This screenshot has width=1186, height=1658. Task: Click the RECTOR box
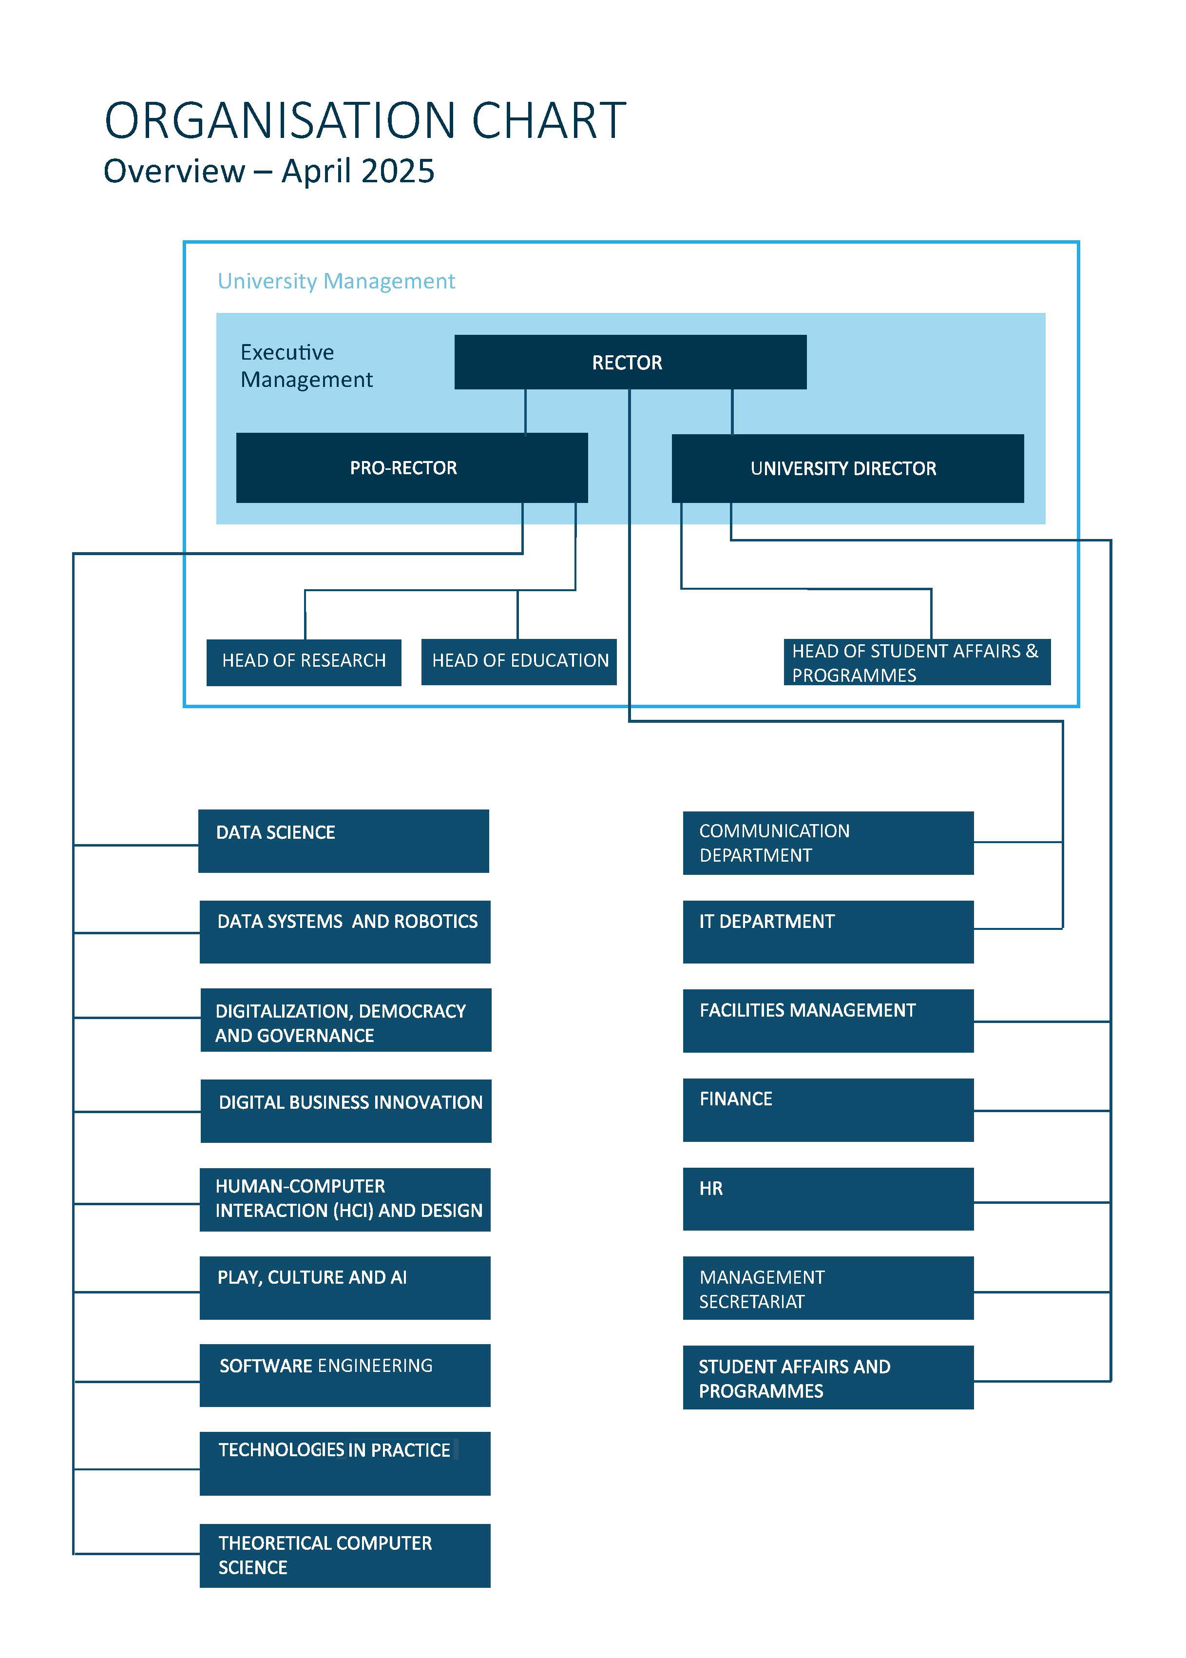(x=630, y=362)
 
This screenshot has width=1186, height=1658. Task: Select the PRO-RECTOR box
(x=412, y=467)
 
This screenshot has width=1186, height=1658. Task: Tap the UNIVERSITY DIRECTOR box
(x=847, y=468)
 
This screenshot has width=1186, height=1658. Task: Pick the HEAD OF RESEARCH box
(x=304, y=662)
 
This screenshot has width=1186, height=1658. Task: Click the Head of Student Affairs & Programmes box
(x=917, y=662)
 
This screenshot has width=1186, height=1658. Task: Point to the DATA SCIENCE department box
(x=343, y=841)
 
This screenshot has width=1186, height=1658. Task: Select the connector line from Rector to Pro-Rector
(x=526, y=411)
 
